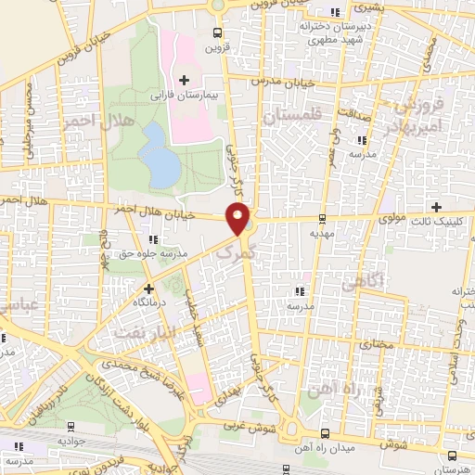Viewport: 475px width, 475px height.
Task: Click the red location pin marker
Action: tap(240, 219)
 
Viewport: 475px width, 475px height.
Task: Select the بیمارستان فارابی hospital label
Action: tap(186, 95)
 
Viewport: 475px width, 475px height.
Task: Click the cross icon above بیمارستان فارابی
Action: tap(185, 80)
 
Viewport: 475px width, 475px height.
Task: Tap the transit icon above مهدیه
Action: tap(321, 220)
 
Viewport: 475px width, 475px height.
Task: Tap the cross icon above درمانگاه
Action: tap(148, 289)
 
